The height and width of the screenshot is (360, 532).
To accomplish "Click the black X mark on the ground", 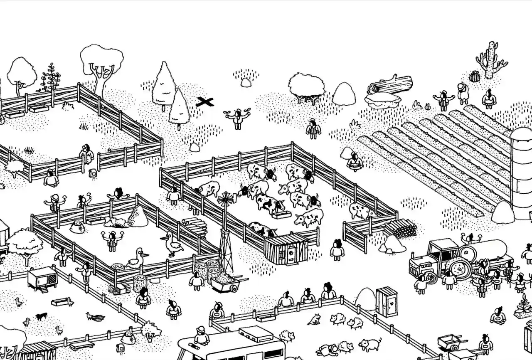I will pos(204,101).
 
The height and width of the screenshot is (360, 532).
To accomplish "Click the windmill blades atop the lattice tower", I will pos(226,199).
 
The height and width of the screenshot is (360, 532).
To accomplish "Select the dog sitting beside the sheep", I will pos(315,319).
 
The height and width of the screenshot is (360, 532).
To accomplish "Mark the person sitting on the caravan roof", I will pos(202,336).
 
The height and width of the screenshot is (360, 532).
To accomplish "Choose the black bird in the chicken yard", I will pos(41,316).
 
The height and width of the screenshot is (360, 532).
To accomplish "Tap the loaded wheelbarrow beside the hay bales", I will pos(226,283).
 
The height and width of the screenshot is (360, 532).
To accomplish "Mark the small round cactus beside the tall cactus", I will pos(474,76).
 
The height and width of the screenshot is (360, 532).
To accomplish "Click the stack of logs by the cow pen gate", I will pos(401,228).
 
